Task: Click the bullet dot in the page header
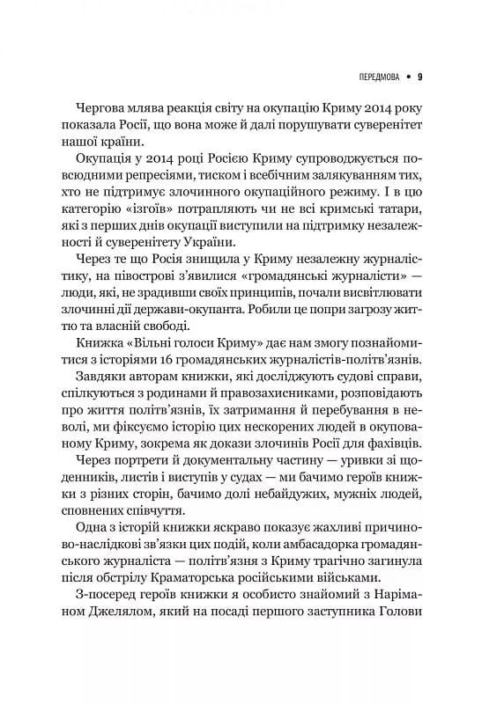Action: (x=407, y=76)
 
